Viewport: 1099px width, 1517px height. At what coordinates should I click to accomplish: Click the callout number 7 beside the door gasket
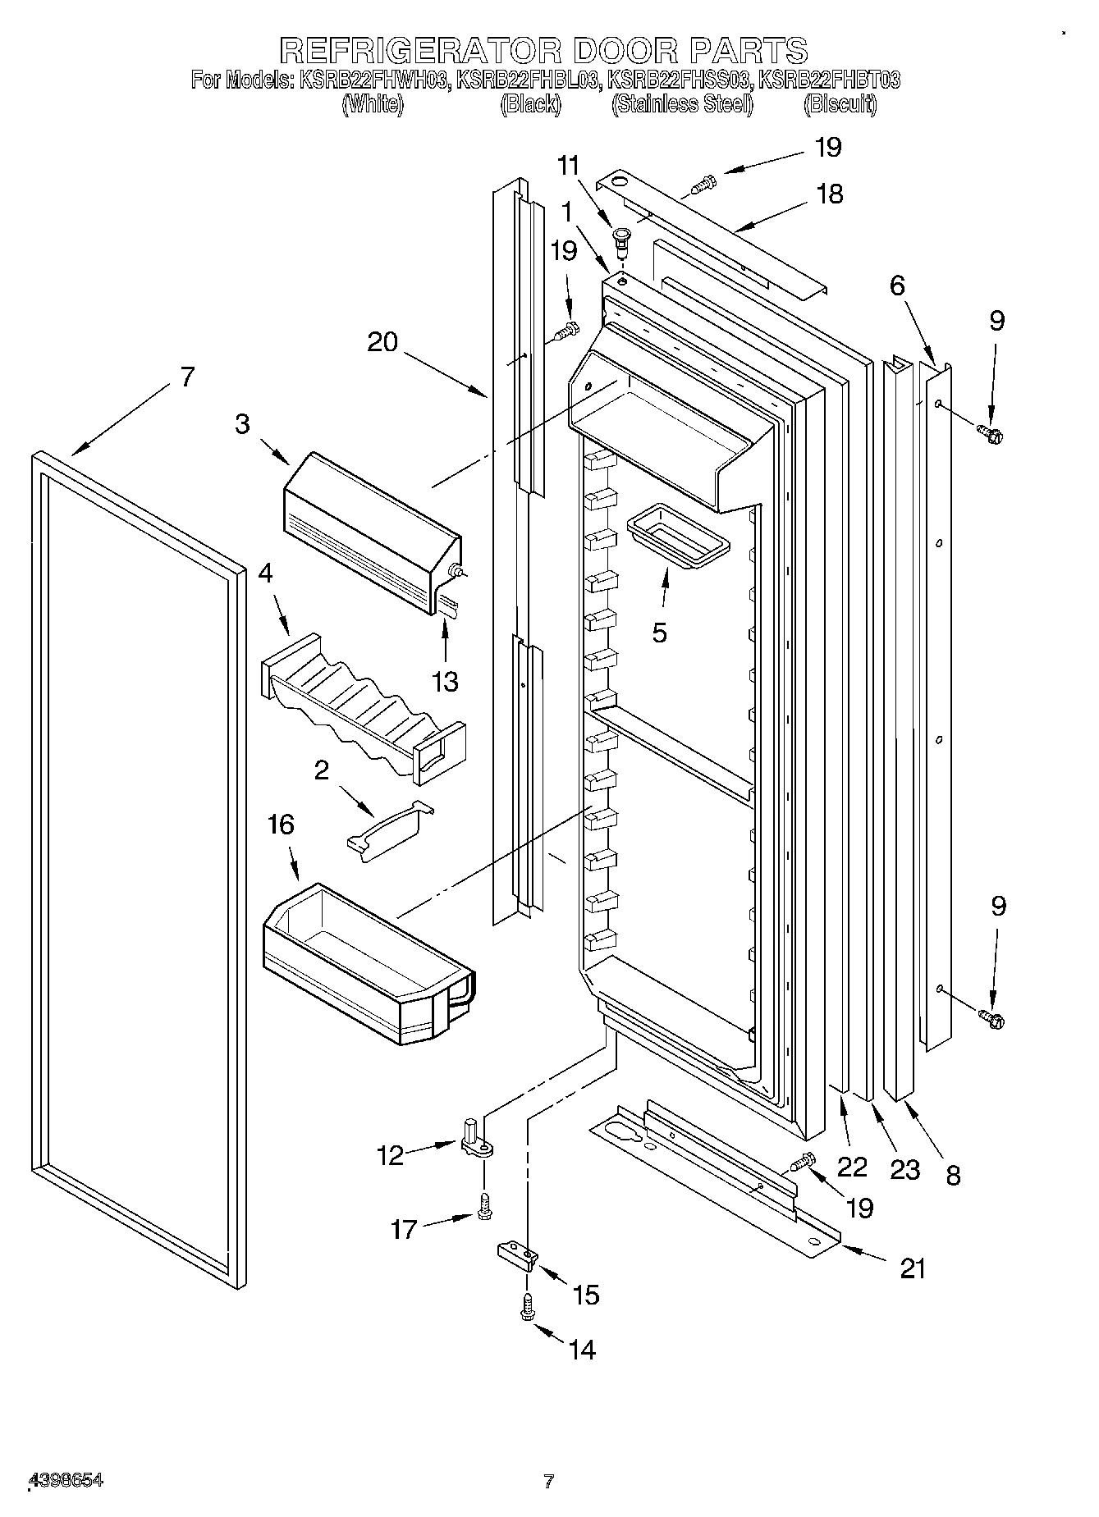pos(187,377)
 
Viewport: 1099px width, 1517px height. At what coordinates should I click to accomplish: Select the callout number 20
pos(382,342)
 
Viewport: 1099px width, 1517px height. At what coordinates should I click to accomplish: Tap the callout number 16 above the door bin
pos(281,825)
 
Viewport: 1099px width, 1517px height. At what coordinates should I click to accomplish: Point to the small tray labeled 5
pos(677,541)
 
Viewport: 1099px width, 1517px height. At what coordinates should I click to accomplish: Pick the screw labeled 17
pos(483,1205)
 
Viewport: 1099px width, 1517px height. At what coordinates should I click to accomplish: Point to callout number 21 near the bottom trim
pos(913,1268)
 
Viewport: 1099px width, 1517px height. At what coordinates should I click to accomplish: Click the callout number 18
pos(831,194)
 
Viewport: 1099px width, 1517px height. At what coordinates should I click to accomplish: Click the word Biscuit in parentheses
pos(840,104)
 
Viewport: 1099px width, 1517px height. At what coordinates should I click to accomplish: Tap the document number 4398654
pos(66,1480)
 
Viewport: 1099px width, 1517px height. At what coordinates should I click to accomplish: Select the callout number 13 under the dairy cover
pos(445,680)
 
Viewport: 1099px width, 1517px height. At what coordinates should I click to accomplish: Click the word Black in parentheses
pos(530,104)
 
